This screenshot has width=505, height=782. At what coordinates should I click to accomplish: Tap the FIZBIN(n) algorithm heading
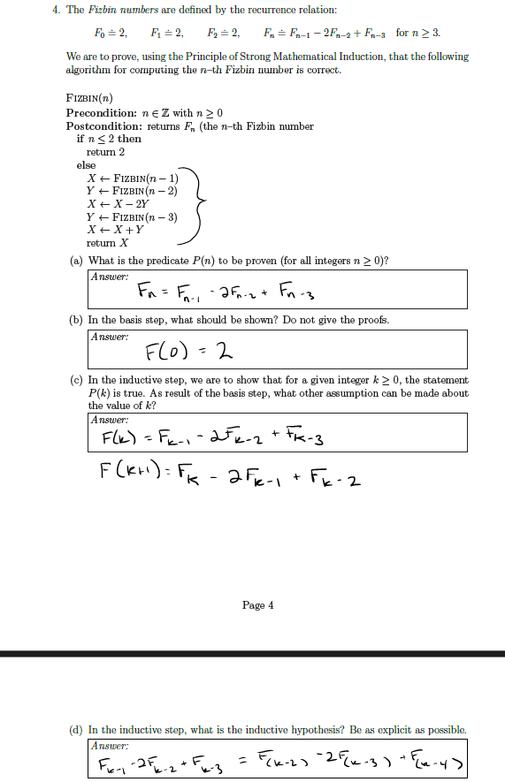click(x=89, y=97)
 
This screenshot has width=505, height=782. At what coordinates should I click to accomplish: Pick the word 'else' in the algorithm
click(x=87, y=164)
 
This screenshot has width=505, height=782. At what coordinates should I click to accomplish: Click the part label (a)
click(x=76, y=260)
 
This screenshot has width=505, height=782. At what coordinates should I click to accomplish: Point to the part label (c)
click(x=76, y=379)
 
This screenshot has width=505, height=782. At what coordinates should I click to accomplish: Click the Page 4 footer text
click(x=257, y=605)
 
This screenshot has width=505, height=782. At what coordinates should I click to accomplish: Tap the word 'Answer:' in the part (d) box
click(x=109, y=745)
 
